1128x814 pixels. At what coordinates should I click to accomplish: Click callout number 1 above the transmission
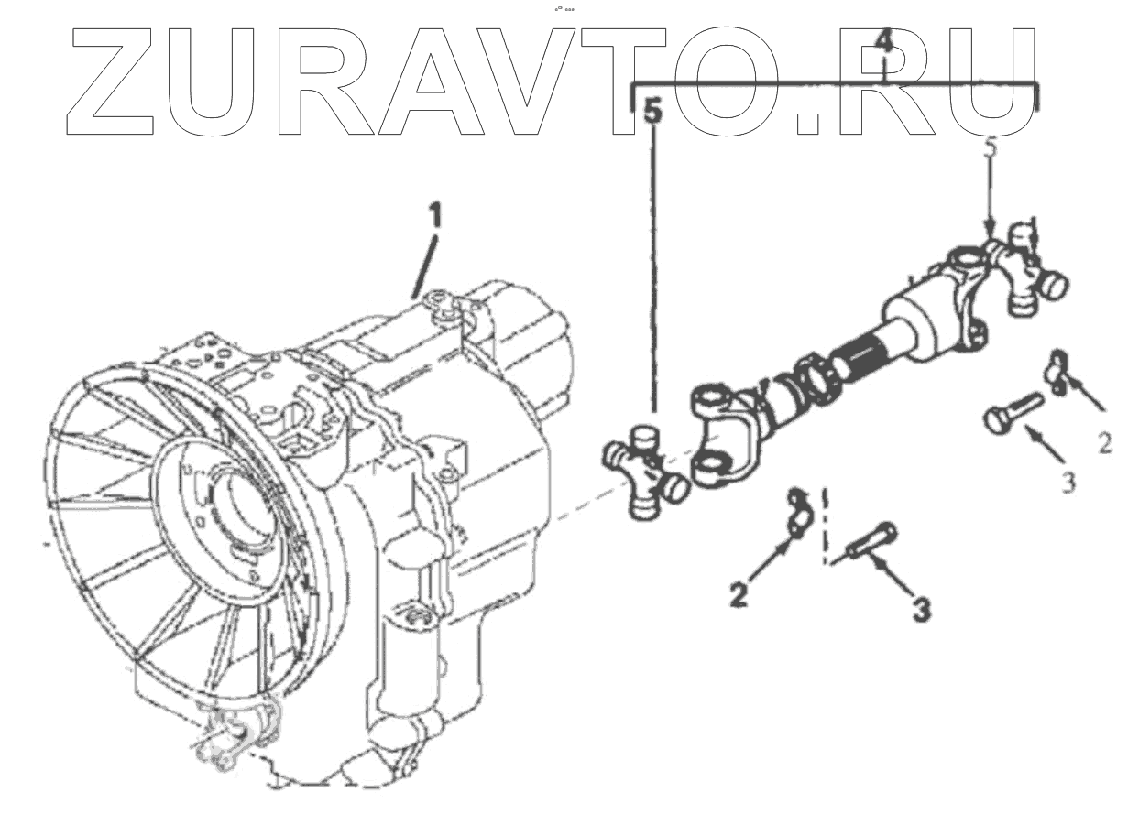435,216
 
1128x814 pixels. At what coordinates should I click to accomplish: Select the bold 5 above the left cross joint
652,113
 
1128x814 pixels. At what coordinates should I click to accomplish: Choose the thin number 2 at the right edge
1105,445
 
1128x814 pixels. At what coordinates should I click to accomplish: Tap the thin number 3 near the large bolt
1068,482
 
